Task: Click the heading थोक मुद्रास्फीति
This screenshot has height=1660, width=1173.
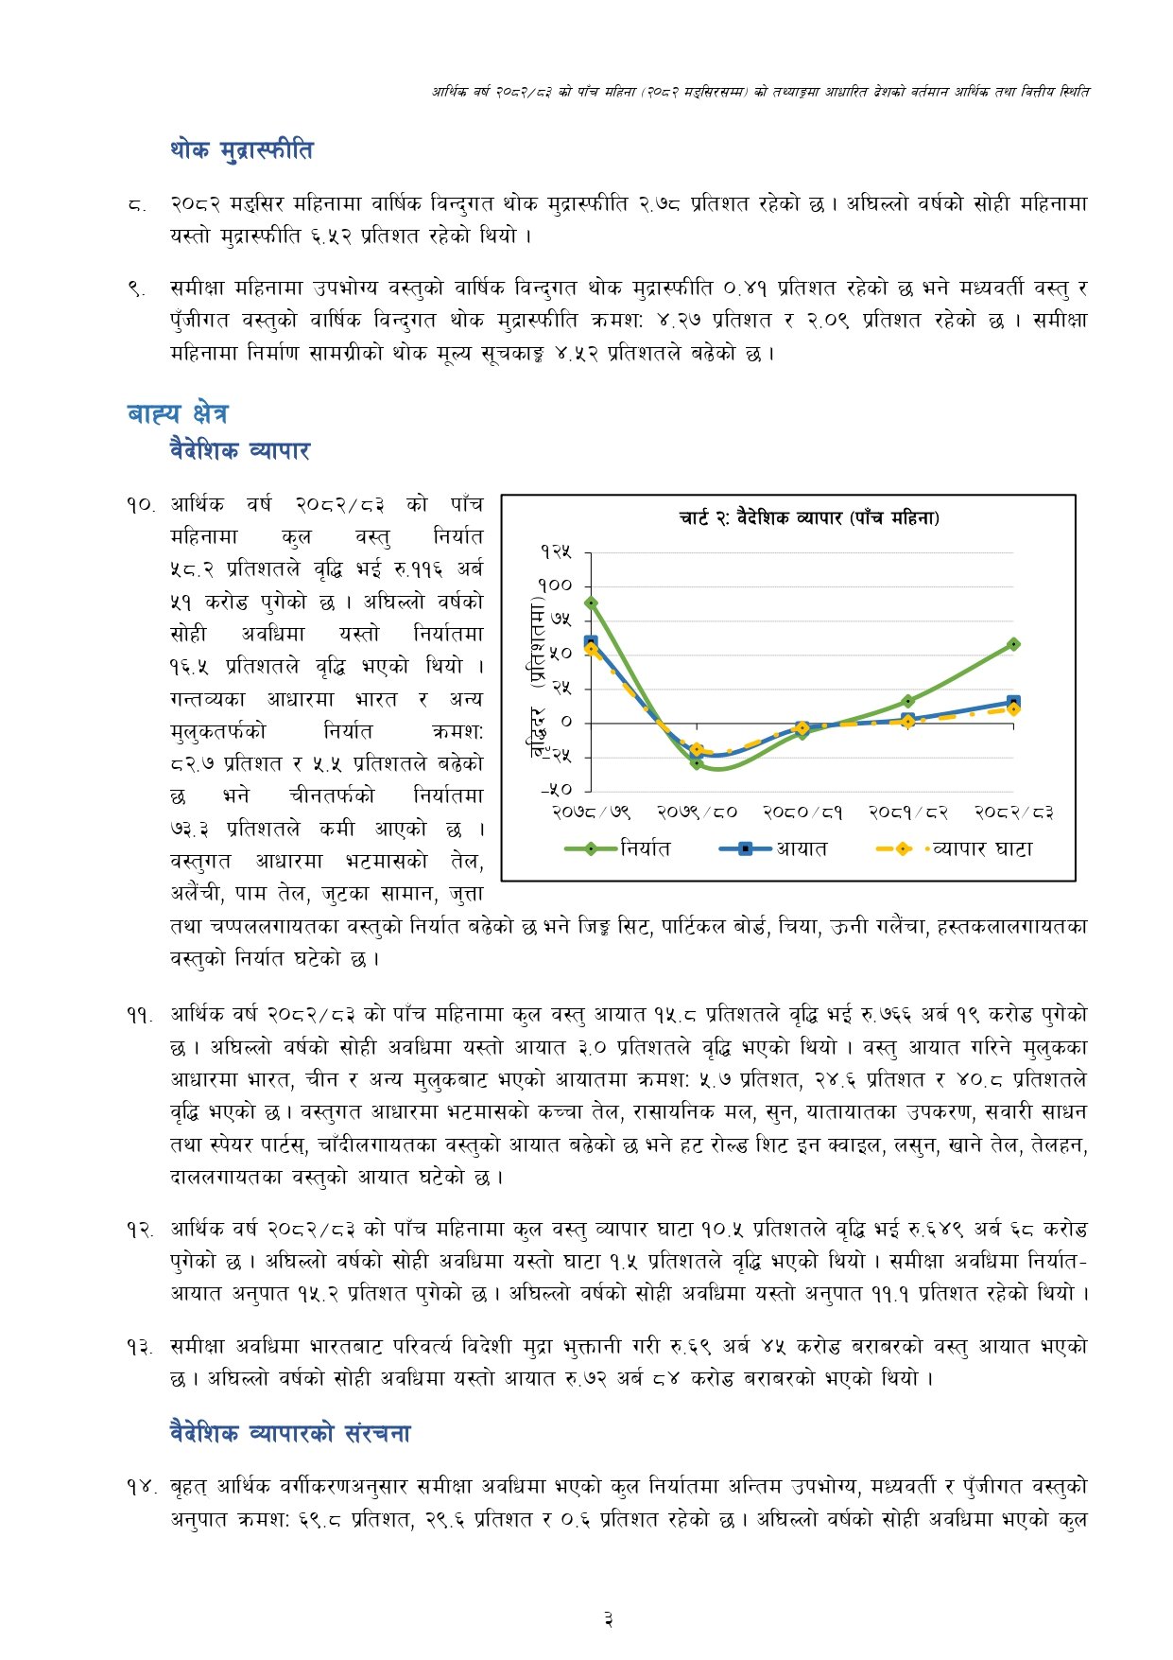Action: pos(241,150)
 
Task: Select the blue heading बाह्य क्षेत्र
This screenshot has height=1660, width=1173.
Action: pos(177,413)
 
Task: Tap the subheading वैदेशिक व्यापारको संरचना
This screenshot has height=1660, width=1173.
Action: pos(290,1433)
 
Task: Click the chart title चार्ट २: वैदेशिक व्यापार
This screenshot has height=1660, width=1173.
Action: pos(809,517)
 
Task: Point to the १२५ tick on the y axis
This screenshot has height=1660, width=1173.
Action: pos(556,551)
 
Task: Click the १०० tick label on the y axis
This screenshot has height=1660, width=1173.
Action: pos(556,585)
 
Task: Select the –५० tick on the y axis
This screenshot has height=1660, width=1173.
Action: pos(556,789)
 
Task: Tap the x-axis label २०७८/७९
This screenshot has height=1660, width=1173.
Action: pos(592,812)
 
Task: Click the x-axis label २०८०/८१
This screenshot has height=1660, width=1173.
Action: pos(802,812)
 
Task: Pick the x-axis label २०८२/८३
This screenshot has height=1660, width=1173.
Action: pos(1013,812)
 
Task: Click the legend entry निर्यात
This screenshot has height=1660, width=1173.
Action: pos(646,849)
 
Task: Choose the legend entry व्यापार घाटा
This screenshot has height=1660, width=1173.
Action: pos(982,849)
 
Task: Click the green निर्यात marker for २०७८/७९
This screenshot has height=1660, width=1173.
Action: pos(592,603)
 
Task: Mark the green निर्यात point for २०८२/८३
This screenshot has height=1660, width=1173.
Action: pos(1013,644)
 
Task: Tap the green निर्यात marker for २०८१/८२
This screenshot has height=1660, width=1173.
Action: pos(908,701)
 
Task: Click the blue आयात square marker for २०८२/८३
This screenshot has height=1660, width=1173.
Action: pos(1013,702)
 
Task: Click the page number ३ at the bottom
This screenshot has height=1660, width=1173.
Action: pos(609,1620)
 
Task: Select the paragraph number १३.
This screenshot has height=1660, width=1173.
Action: pos(140,1347)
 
